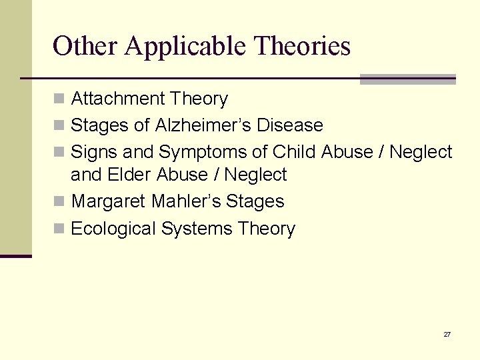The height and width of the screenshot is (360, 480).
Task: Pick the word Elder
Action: (129, 175)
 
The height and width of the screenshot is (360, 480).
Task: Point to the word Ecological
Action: (113, 229)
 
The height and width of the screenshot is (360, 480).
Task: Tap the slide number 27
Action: (447, 334)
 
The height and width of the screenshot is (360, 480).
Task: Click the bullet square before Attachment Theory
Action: (59, 99)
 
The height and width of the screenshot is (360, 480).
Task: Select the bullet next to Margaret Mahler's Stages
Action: (59, 202)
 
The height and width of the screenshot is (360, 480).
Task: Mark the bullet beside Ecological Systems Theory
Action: (59, 229)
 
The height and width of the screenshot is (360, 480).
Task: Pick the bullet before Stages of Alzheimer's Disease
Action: (59, 126)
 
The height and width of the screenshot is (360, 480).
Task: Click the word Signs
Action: (92, 153)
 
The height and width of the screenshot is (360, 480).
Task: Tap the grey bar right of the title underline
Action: (407, 79)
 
